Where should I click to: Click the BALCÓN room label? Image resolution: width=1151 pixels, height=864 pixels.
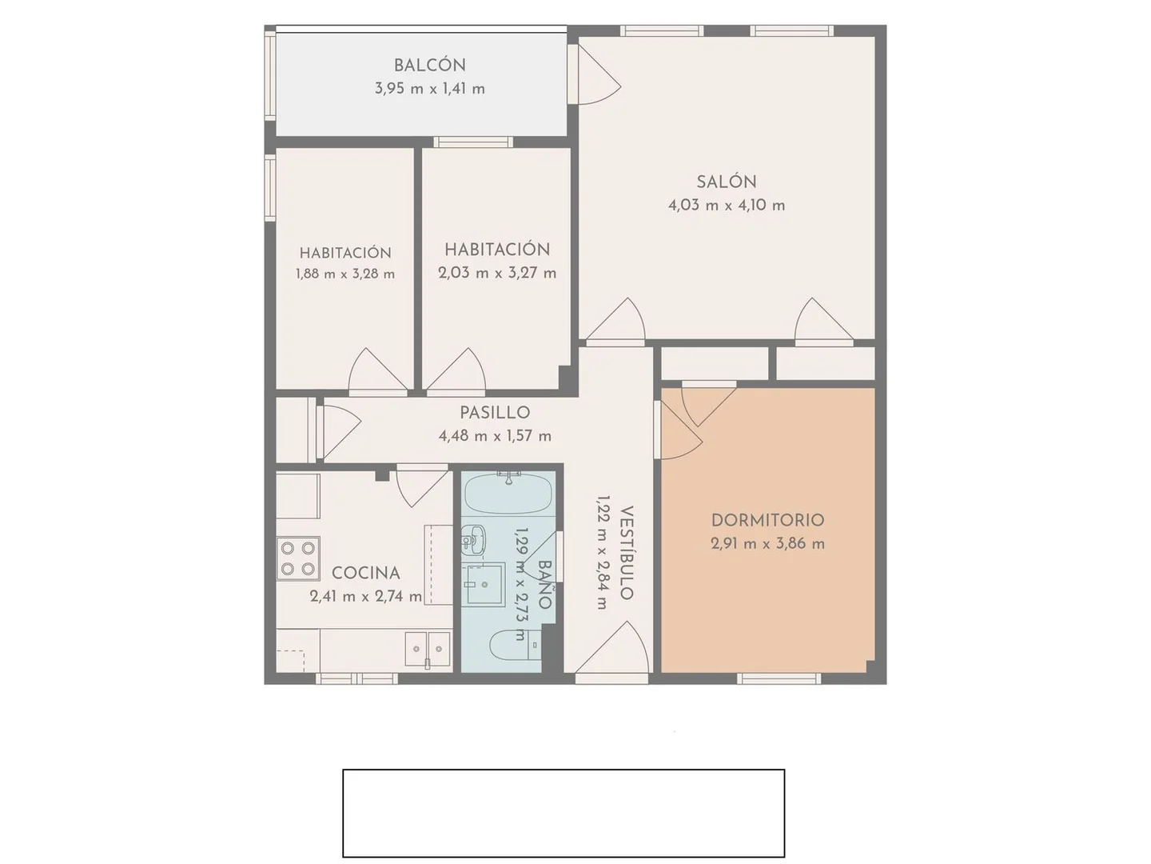pyautogui.click(x=429, y=65)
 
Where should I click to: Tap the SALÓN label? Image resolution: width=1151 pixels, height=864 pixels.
pyautogui.click(x=727, y=182)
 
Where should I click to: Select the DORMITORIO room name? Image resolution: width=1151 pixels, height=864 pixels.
pyautogui.click(x=767, y=520)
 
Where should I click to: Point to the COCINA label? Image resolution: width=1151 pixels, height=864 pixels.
pyautogui.click(x=366, y=573)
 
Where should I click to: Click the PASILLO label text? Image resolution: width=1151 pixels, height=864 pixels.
pyautogui.click(x=495, y=413)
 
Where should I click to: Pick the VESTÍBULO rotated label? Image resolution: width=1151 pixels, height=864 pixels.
pyautogui.click(x=627, y=553)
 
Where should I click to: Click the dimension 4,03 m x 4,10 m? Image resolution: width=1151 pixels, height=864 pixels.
pyautogui.click(x=727, y=205)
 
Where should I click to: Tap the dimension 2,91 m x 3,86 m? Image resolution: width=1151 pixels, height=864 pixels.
pyautogui.click(x=767, y=544)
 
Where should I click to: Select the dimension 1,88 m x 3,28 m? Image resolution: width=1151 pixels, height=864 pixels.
pyautogui.click(x=345, y=274)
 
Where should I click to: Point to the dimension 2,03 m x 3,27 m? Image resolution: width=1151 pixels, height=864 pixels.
pyautogui.click(x=497, y=274)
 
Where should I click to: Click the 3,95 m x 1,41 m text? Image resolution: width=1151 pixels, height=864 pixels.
pyautogui.click(x=429, y=89)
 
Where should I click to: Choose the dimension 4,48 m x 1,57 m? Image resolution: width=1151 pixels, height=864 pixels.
pyautogui.click(x=495, y=436)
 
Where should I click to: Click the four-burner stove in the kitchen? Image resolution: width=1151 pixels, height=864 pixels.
pyautogui.click(x=298, y=558)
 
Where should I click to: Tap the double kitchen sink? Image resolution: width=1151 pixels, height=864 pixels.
pyautogui.click(x=428, y=650)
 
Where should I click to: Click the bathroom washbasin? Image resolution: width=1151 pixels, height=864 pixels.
pyautogui.click(x=474, y=540)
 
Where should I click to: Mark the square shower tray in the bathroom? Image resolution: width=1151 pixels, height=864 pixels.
pyautogui.click(x=485, y=584)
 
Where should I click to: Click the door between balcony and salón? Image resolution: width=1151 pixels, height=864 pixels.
pyautogui.click(x=594, y=74)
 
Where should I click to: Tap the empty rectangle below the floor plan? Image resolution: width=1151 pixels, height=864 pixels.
pyautogui.click(x=564, y=813)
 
